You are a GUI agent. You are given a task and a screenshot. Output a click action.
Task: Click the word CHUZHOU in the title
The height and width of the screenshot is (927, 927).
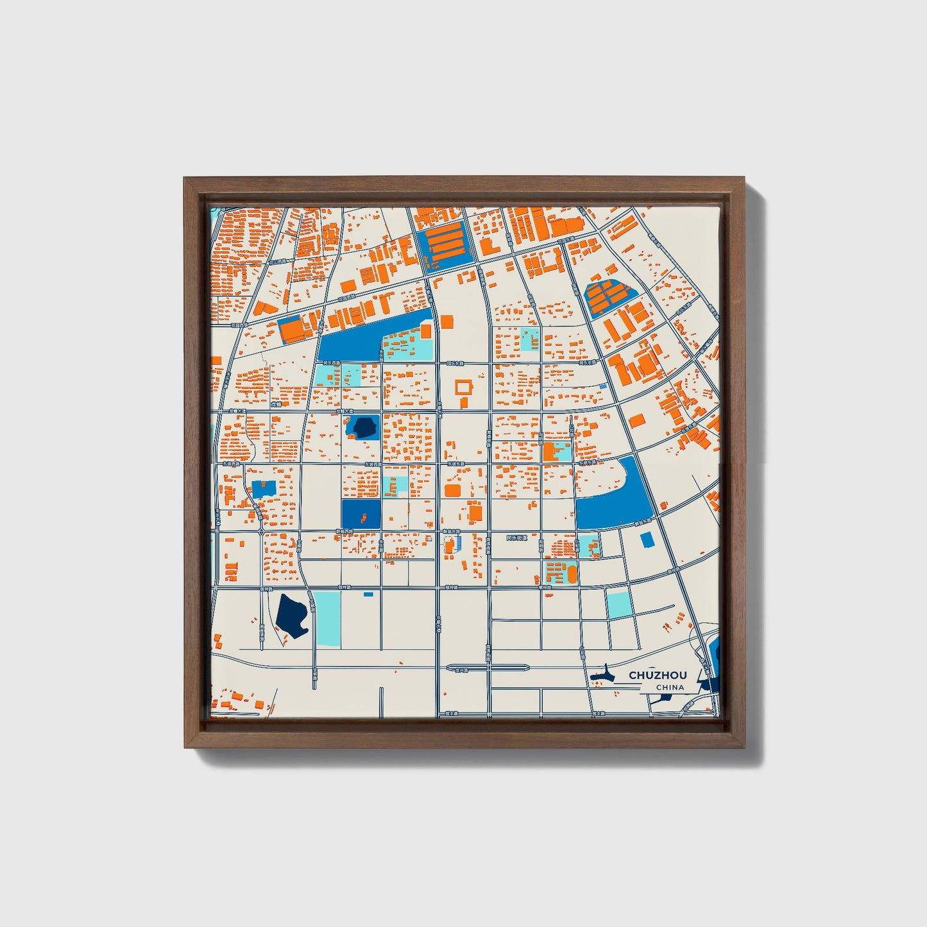point(658,675)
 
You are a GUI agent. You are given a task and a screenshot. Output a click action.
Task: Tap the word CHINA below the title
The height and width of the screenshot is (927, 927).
point(670,688)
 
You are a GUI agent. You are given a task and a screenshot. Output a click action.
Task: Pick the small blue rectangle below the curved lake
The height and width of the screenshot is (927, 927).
point(647,540)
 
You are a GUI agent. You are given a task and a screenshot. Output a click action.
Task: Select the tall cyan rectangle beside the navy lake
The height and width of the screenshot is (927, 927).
point(327,618)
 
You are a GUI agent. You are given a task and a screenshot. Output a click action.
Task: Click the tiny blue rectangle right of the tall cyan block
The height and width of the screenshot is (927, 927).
point(368,595)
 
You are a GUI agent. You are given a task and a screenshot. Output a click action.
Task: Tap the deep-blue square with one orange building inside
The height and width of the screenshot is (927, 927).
point(361,515)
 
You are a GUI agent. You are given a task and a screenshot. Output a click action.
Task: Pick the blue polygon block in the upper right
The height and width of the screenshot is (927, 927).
point(609,298)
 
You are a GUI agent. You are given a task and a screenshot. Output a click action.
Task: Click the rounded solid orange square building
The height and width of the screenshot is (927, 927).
point(453,490)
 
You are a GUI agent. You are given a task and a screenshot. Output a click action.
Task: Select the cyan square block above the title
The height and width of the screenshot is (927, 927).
point(619,604)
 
